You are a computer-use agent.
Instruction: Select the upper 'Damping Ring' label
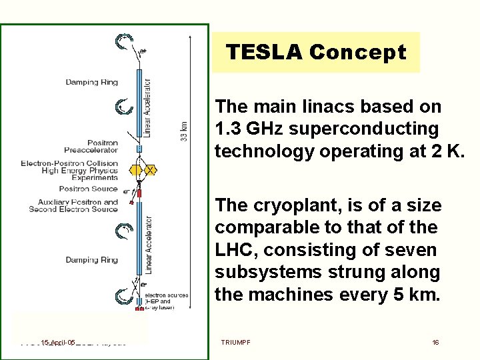[x=91, y=83]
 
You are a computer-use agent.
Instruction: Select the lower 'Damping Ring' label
[x=91, y=260]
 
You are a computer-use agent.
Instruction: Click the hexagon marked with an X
[x=151, y=171]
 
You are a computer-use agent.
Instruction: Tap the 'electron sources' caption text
[x=167, y=295]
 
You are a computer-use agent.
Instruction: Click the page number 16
[x=435, y=342]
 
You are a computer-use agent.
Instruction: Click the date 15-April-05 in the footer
[x=57, y=342]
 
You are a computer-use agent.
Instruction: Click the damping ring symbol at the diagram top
[x=123, y=42]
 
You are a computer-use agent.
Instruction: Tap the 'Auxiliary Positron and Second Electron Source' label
[x=73, y=206]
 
